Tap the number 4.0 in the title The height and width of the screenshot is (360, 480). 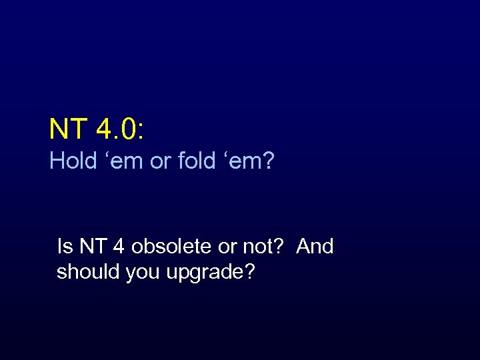click(116, 129)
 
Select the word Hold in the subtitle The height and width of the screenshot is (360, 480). click(73, 161)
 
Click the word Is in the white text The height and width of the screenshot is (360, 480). click(65, 247)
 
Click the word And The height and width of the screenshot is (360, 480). click(315, 247)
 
